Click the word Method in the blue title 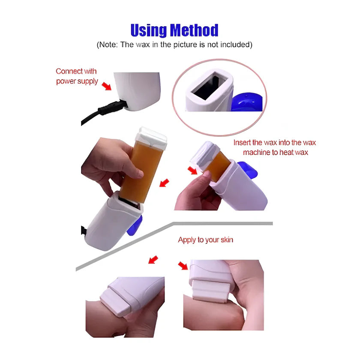click(x=194, y=30)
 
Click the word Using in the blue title click(x=149, y=30)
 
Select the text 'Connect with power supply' click(x=77, y=76)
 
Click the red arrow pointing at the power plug click(x=107, y=86)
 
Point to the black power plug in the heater click(x=112, y=107)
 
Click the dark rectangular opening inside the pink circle click(x=209, y=86)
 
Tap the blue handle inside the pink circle click(x=247, y=102)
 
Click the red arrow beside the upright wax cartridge click(x=164, y=183)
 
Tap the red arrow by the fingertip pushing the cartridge click(x=192, y=171)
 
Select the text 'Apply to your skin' click(x=205, y=240)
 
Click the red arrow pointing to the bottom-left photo click(x=153, y=260)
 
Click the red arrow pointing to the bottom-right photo click(x=183, y=266)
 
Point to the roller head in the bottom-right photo click(x=210, y=291)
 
